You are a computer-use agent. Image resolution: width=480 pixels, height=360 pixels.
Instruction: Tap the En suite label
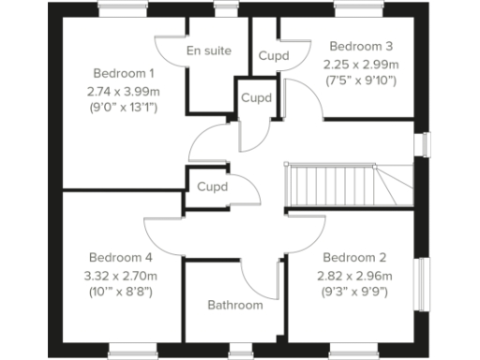tap(209, 51)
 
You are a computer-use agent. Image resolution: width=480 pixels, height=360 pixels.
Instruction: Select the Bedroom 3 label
tap(361, 46)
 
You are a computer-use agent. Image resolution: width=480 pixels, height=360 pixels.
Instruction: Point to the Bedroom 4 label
tap(121, 257)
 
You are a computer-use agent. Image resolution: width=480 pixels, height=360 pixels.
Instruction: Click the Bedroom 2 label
tap(353, 257)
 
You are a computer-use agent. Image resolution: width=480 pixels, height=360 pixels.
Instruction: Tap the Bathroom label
tap(235, 305)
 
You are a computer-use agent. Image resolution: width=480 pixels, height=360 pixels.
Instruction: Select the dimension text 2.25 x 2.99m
tap(361, 64)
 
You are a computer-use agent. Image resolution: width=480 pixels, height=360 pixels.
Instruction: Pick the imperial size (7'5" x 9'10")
tap(361, 81)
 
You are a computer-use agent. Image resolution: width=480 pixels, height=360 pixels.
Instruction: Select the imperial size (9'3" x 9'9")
tap(353, 292)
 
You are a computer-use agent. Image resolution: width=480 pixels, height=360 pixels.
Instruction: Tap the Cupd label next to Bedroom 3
tap(274, 56)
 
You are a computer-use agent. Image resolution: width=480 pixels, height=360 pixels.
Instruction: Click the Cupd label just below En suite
tap(256, 97)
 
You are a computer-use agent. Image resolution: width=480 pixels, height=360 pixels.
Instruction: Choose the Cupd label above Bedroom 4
tap(212, 187)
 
